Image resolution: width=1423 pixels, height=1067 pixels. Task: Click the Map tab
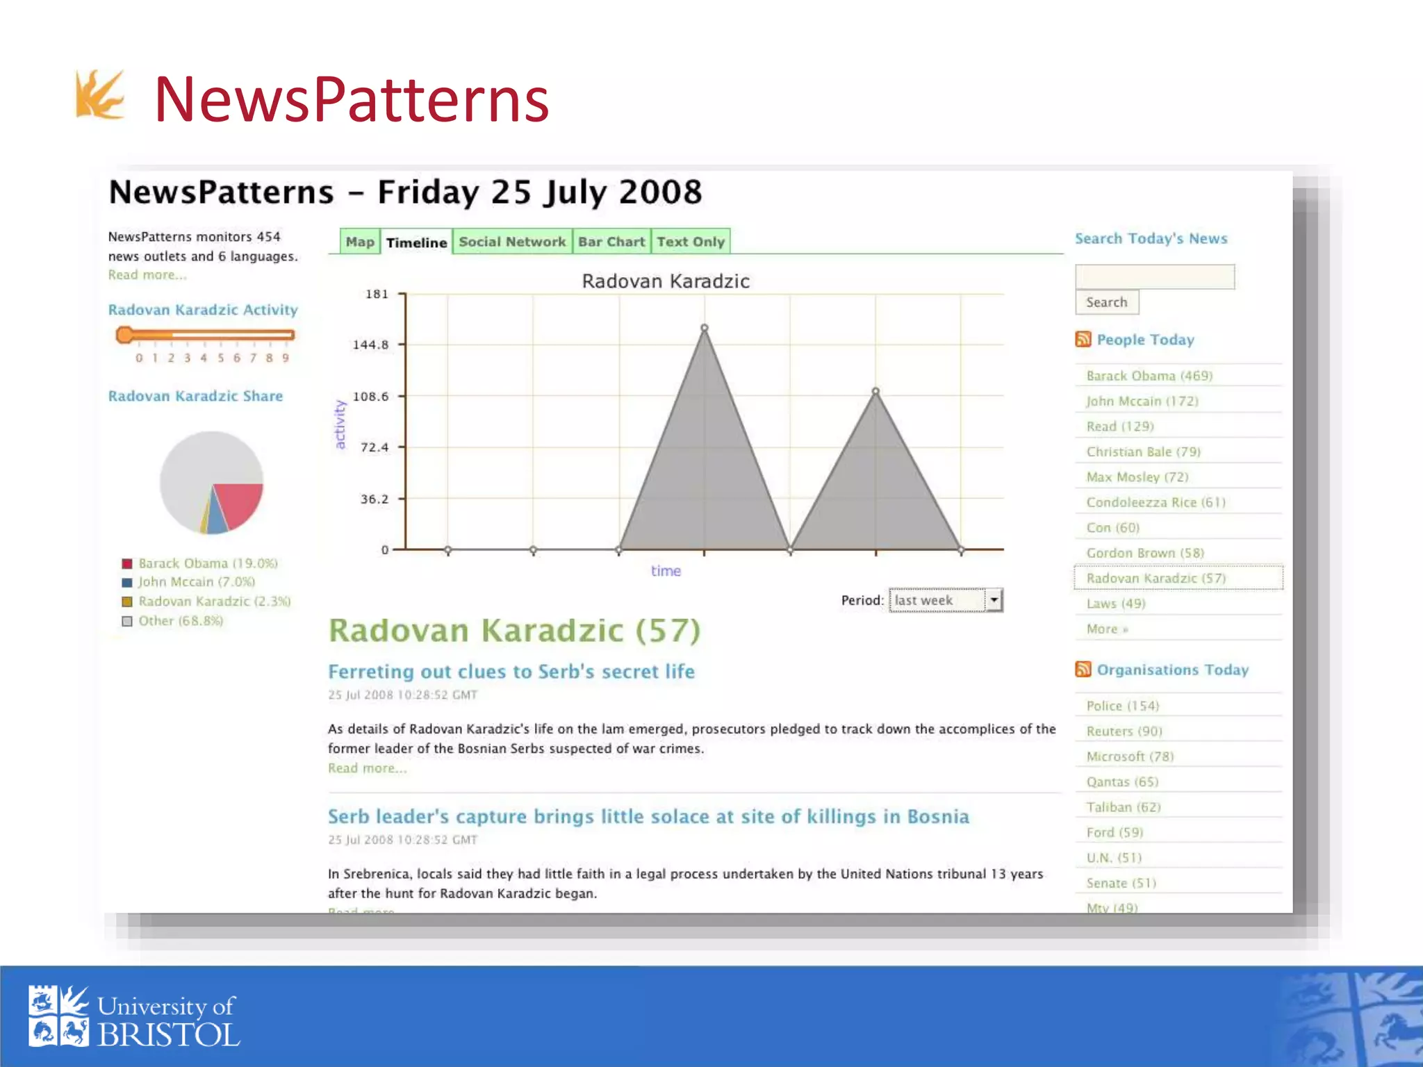pyautogui.click(x=360, y=242)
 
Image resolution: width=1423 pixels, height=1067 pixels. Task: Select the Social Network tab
pyautogui.click(x=512, y=242)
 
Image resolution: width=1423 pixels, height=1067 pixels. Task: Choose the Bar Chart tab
pyautogui.click(x=611, y=242)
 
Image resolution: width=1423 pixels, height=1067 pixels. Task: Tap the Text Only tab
pyautogui.click(x=691, y=242)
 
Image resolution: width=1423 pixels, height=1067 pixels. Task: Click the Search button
pyautogui.click(x=1107, y=302)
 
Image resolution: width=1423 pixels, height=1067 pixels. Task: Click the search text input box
pyautogui.click(x=1154, y=276)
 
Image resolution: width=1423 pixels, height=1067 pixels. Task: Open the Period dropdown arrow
pyautogui.click(x=994, y=599)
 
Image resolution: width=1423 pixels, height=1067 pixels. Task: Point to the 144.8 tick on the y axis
pyautogui.click(x=371, y=345)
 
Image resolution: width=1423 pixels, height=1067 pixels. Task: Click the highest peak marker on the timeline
pyautogui.click(x=705, y=328)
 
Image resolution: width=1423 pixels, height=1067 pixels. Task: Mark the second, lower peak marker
pyautogui.click(x=875, y=392)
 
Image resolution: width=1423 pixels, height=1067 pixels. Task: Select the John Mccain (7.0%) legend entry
pyautogui.click(x=196, y=582)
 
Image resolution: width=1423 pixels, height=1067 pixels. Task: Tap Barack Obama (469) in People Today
pyautogui.click(x=1149, y=376)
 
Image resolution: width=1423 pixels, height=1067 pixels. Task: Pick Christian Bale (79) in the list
pyautogui.click(x=1143, y=452)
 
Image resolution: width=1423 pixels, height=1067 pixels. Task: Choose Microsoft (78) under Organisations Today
pyautogui.click(x=1130, y=756)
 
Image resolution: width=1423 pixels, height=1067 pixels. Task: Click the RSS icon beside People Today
pyautogui.click(x=1083, y=339)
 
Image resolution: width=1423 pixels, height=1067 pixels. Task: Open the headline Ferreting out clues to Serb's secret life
pyautogui.click(x=511, y=672)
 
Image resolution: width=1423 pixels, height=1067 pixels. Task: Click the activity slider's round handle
pyautogui.click(x=125, y=335)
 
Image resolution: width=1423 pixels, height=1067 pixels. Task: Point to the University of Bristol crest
pyautogui.click(x=58, y=1016)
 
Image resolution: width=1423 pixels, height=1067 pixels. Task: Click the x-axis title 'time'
pyautogui.click(x=666, y=571)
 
